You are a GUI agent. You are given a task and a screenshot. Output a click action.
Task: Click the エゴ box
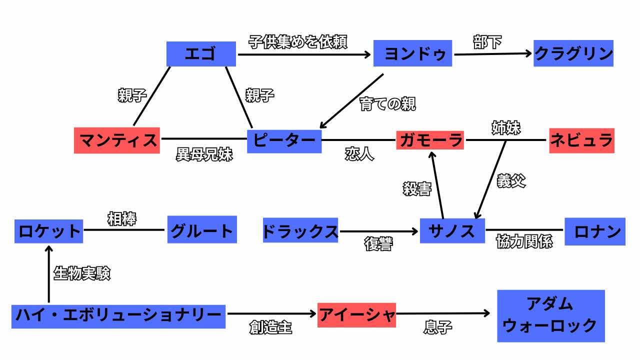tap(201, 53)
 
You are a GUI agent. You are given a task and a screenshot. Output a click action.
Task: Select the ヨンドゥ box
tap(412, 53)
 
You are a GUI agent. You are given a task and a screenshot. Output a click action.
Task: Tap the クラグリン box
tap(573, 53)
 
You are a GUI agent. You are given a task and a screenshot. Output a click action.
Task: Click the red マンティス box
tap(117, 140)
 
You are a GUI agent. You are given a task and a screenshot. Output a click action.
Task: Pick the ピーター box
tap(284, 140)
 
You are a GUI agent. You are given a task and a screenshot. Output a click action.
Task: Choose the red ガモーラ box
tap(430, 140)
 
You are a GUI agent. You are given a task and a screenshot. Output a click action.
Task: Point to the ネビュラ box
tap(581, 140)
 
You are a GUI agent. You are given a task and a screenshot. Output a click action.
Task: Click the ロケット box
tap(49, 231)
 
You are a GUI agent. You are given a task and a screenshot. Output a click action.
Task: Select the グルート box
tap(202, 231)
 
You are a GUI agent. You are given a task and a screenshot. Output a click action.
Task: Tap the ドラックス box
tap(300, 231)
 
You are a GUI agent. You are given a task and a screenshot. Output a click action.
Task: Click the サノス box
tap(452, 230)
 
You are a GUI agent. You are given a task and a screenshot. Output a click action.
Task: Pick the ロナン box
tap(595, 231)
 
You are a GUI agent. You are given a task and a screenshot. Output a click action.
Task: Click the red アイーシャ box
tap(356, 315)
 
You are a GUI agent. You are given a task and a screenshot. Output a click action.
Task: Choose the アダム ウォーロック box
tap(550, 316)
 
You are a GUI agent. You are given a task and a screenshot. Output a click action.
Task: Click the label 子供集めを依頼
tap(297, 41)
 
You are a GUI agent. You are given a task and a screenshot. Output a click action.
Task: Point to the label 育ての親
tap(387, 103)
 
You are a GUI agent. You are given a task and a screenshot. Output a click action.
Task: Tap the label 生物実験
tap(81, 273)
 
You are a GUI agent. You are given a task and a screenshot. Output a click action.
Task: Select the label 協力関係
tap(524, 242)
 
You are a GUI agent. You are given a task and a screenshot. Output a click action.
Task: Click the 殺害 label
tap(417, 189)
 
